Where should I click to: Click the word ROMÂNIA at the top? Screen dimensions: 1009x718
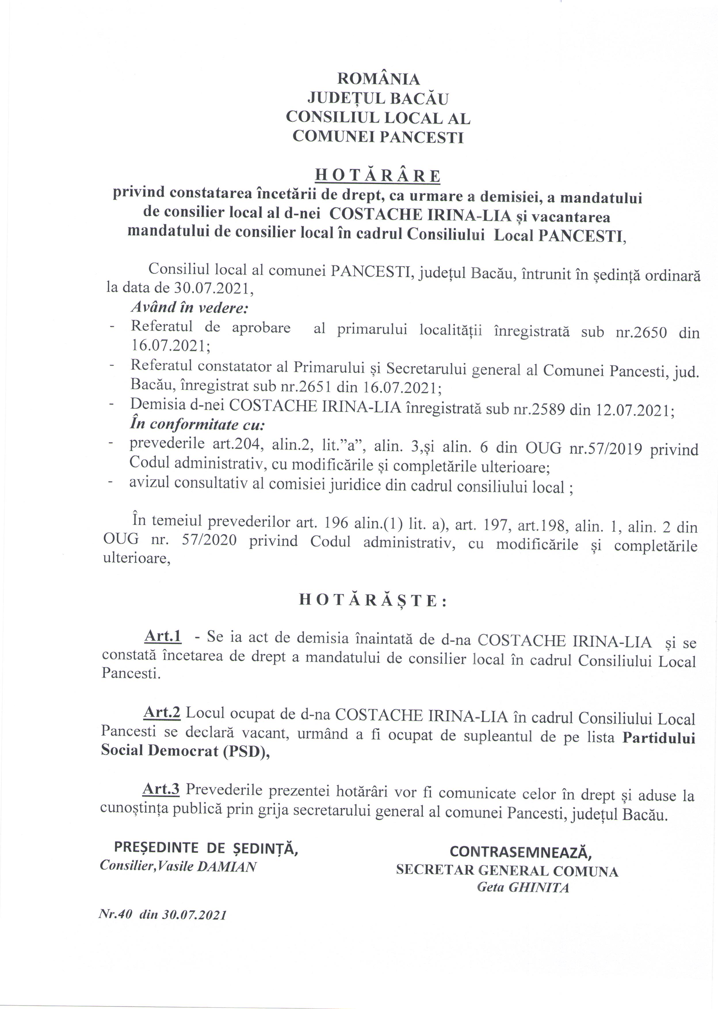[379, 79]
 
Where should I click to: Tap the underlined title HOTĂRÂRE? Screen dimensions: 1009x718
[378, 176]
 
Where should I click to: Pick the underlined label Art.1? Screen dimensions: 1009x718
[163, 636]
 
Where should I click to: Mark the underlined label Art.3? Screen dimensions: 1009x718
[161, 789]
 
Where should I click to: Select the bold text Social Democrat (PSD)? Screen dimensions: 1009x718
[185, 751]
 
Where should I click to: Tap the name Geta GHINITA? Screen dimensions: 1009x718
[523, 887]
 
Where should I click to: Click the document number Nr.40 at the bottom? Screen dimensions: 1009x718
[115, 915]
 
